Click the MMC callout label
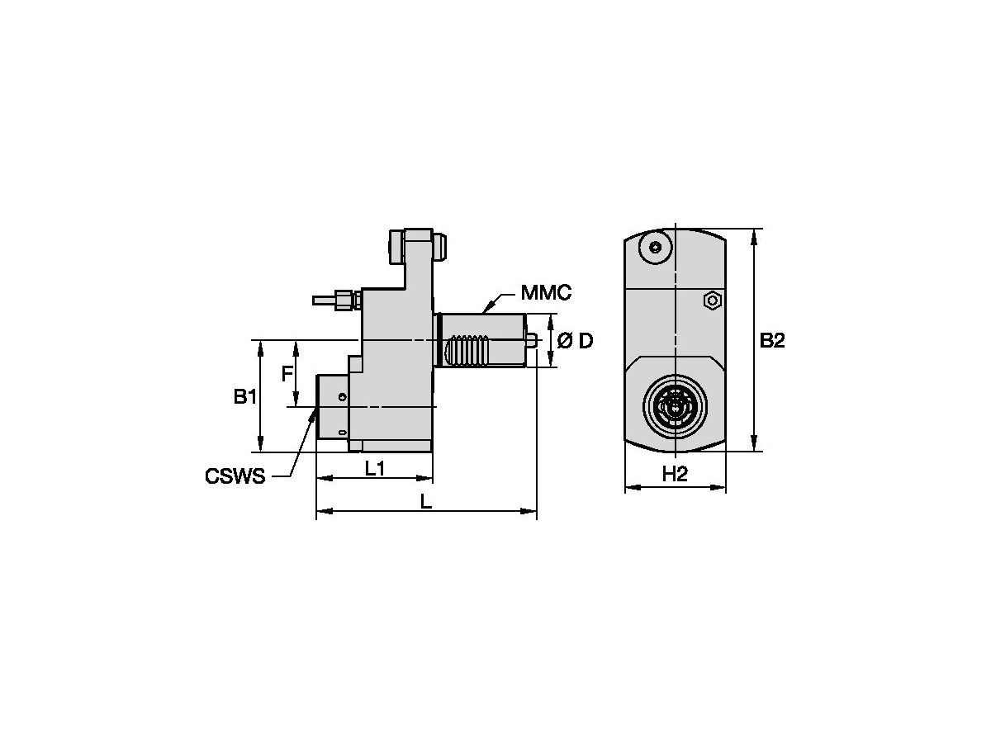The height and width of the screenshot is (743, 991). click(546, 293)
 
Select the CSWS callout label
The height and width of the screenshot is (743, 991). click(235, 476)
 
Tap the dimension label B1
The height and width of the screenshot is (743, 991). click(244, 396)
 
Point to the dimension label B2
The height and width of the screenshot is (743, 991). click(772, 341)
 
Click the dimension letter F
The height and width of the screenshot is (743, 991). click(287, 373)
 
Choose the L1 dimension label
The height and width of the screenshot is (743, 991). click(374, 469)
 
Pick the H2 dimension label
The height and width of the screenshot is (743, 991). click(675, 474)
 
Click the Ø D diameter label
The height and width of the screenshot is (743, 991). click(575, 341)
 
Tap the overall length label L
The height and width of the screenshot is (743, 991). click(426, 502)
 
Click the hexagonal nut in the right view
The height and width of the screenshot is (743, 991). click(712, 301)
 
